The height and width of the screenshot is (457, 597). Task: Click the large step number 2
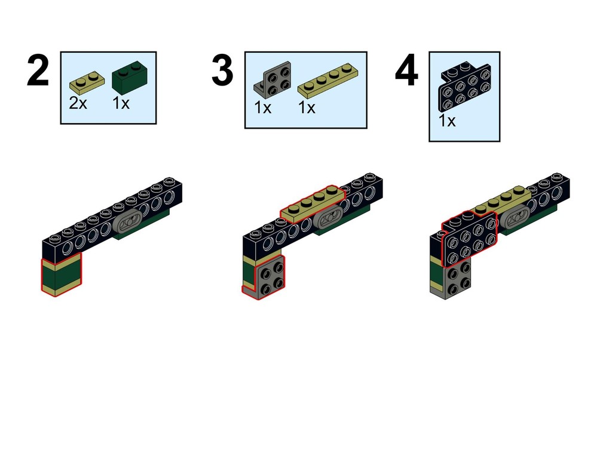38,71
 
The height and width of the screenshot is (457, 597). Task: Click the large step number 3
222,71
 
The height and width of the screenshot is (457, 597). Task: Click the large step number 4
406,71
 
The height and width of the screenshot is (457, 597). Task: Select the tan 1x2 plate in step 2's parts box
87,82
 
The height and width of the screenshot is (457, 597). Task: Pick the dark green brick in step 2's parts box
130,75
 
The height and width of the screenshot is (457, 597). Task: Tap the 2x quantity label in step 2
78,103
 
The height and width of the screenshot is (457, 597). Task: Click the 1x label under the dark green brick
121,103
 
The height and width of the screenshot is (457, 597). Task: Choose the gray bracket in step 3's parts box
273,80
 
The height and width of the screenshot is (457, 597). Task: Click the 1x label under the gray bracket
263,108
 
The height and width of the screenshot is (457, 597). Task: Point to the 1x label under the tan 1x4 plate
307,108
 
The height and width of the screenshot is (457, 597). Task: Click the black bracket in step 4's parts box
465,87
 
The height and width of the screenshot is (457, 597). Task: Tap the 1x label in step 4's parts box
447,121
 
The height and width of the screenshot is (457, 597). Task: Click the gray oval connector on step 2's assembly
129,222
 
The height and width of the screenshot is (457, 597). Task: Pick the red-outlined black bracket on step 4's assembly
470,239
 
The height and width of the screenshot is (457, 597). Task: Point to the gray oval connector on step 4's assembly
513,219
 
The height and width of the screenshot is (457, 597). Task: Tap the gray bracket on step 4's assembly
453,282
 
